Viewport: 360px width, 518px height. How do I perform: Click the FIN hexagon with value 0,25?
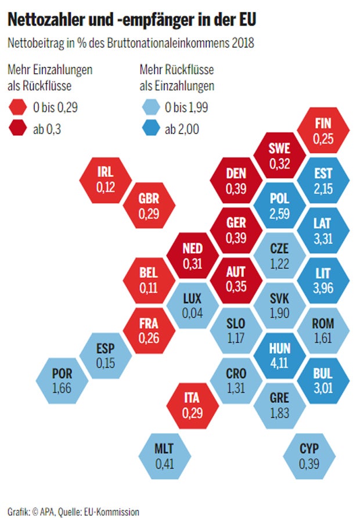(322, 131)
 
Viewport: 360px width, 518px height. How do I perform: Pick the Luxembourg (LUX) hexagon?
(192, 305)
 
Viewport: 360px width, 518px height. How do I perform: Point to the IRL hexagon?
(105, 178)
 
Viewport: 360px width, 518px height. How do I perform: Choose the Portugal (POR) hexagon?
(62, 381)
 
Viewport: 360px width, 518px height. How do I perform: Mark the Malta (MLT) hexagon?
(164, 456)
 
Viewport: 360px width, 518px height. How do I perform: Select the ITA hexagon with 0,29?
(192, 405)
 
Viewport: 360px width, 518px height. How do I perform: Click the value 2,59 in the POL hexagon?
(279, 211)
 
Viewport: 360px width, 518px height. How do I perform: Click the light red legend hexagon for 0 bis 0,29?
(17, 107)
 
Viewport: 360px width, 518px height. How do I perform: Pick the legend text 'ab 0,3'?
(48, 129)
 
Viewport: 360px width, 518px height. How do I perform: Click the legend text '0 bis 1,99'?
(188, 107)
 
